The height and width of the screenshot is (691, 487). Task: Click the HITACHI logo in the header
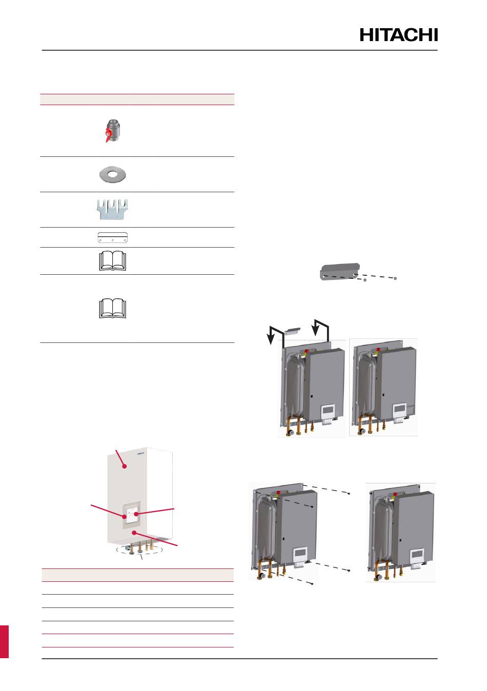(x=399, y=35)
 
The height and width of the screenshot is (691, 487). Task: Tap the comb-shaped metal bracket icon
(x=112, y=210)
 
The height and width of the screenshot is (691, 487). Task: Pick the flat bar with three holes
(x=112, y=237)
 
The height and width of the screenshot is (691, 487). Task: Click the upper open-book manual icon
(x=112, y=260)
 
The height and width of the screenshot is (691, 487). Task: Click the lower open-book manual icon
(x=112, y=309)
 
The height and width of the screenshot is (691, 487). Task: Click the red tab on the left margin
(x=4, y=641)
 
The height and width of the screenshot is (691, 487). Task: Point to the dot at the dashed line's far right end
(x=396, y=278)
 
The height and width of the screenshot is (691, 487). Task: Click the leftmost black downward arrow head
(x=270, y=341)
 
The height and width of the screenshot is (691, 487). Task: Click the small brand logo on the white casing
(x=141, y=453)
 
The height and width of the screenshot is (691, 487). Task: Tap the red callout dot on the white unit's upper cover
(x=124, y=466)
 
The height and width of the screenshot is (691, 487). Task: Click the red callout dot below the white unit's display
(x=135, y=533)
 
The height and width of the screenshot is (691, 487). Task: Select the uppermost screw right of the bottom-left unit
(x=349, y=493)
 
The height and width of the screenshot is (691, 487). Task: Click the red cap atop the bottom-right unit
(x=393, y=495)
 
